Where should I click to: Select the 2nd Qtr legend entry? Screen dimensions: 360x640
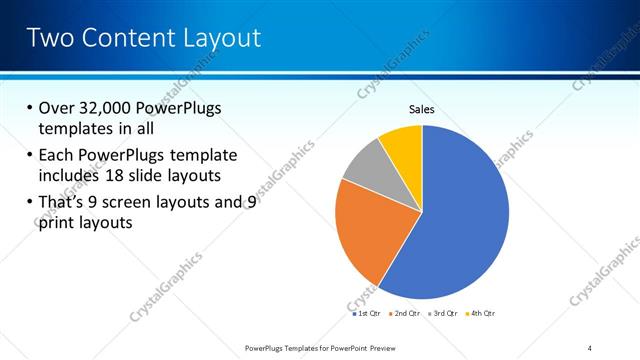tap(405, 313)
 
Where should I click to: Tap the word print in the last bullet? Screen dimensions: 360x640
tap(55, 223)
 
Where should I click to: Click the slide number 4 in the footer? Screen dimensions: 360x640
tap(590, 347)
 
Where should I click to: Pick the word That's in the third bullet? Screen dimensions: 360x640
tap(65, 202)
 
